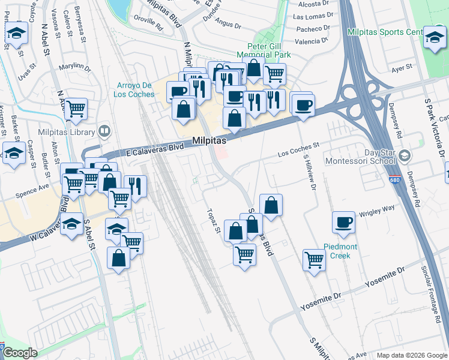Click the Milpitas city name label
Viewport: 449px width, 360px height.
209,140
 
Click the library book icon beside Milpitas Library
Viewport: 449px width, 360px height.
104,131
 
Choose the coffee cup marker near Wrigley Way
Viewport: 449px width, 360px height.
344,223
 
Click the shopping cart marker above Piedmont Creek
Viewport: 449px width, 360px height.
314,260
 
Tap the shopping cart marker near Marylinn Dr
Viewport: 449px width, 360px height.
76,109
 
